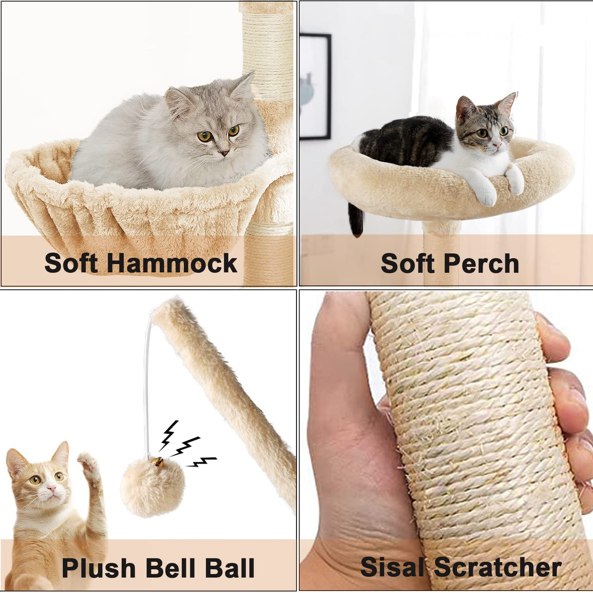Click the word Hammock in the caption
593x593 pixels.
(171, 263)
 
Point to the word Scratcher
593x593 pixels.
(497, 568)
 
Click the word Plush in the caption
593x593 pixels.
(99, 568)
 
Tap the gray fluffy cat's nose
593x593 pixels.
(223, 153)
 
